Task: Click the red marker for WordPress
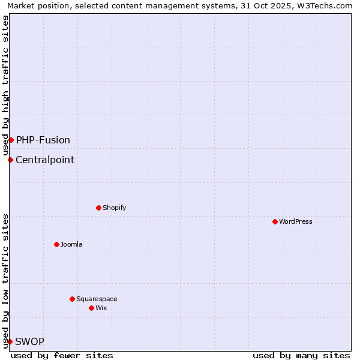[x=275, y=221]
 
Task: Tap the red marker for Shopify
[x=98, y=208]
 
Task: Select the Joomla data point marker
[x=56, y=244]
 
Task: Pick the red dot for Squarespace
[x=72, y=299]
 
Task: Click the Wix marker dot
[x=91, y=308]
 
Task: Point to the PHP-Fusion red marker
[x=11, y=140]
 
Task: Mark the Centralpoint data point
[x=10, y=160]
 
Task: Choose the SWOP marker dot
[x=10, y=341]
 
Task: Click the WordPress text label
[x=296, y=221]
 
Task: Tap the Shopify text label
[x=114, y=208]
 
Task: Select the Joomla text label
[x=71, y=244]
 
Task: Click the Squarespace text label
[x=97, y=299]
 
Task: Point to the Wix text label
[x=101, y=308]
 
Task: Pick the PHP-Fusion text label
[x=43, y=140]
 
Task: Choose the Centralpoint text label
[x=45, y=160]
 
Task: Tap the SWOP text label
[x=29, y=341]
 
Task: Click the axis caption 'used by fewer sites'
[x=62, y=355]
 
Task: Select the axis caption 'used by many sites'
[x=301, y=355]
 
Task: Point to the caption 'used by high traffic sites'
[x=5, y=85]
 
